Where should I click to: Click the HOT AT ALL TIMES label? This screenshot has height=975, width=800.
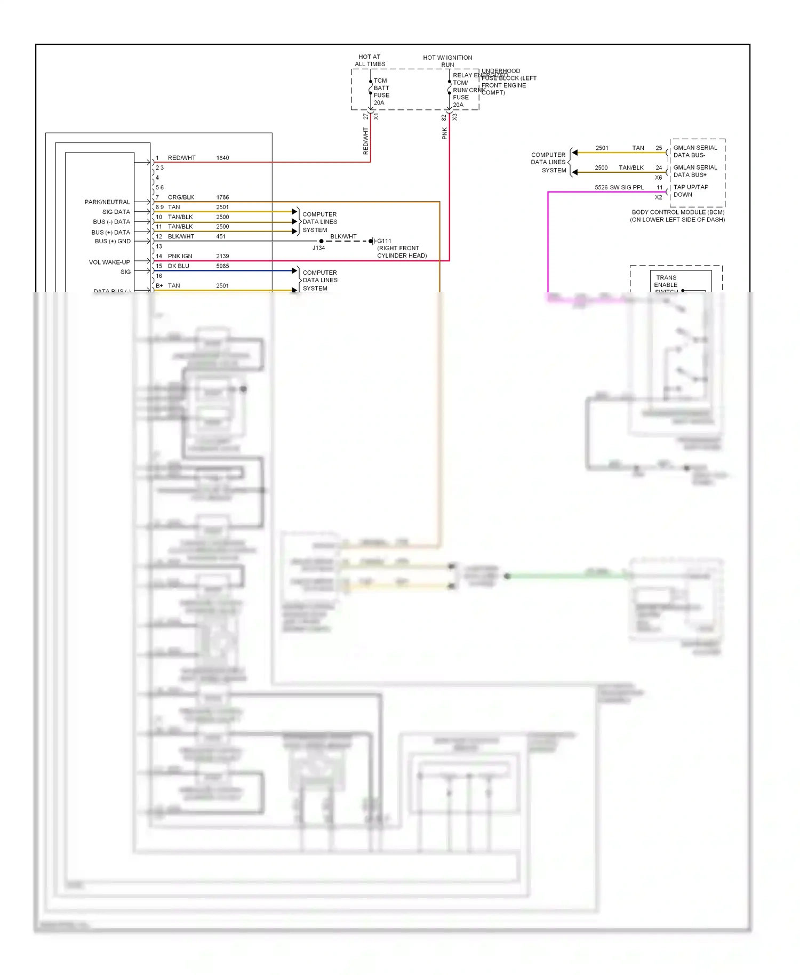[370, 60]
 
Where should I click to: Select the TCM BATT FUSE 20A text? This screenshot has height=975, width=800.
[381, 92]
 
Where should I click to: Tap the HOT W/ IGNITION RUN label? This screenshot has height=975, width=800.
[447, 61]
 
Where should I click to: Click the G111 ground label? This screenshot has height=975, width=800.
[384, 241]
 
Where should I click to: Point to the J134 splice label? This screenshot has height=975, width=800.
[318, 248]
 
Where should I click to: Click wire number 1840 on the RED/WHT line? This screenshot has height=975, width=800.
[222, 158]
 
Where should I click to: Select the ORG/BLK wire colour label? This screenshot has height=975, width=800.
[181, 197]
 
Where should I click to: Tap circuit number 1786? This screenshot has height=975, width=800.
[222, 197]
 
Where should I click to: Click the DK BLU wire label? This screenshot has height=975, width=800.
[178, 266]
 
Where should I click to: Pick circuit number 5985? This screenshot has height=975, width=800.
[222, 266]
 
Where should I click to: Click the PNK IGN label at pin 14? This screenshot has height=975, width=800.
[180, 256]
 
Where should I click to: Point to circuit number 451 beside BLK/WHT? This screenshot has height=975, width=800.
[221, 236]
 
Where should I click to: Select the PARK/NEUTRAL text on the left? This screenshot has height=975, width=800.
[107, 202]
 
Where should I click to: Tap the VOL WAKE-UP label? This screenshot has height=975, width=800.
[109, 262]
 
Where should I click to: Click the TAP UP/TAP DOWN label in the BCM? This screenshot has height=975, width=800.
[691, 191]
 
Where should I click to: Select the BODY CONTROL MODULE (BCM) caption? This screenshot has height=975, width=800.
[678, 212]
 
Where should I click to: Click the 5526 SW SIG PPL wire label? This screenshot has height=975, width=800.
[619, 188]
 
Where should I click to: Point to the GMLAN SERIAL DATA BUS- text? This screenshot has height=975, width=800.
[695, 151]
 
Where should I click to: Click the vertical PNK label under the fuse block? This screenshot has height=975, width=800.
[445, 133]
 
